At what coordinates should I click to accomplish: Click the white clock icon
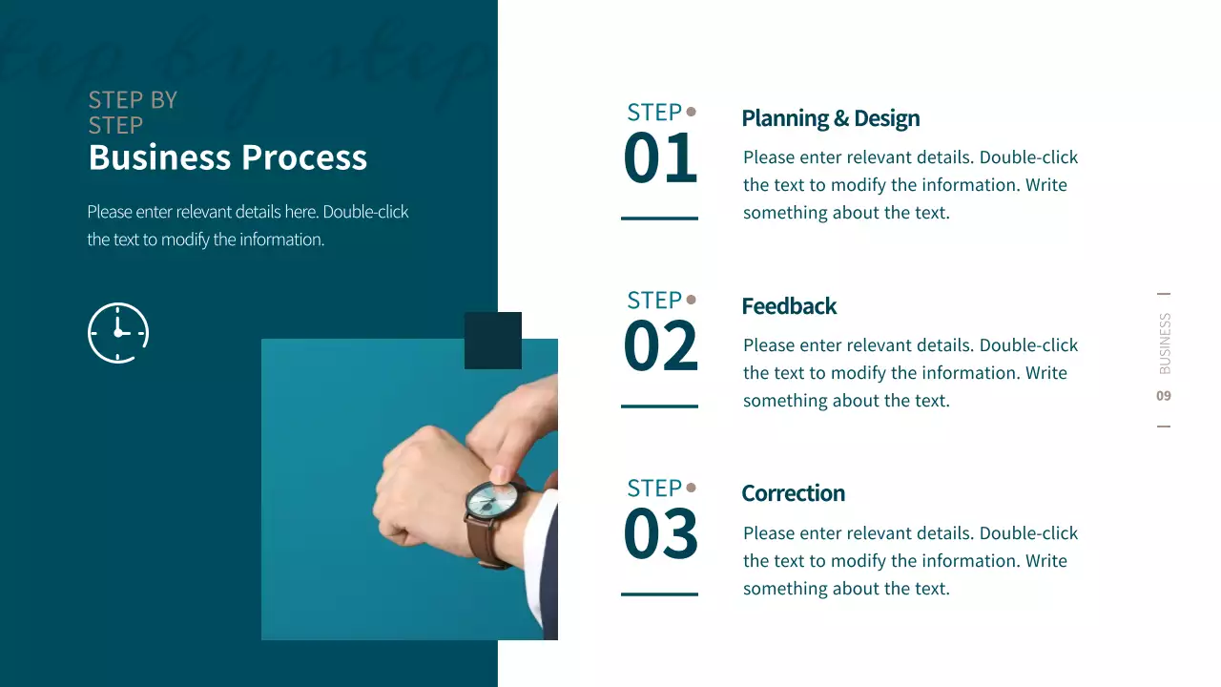click(x=118, y=332)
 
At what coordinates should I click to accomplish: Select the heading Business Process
click(x=227, y=157)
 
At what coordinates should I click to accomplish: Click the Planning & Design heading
click(x=830, y=118)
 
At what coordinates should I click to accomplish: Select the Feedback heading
click(x=789, y=306)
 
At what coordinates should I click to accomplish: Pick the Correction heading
click(x=793, y=493)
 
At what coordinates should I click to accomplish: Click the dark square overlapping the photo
click(x=492, y=340)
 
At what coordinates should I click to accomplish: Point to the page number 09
click(x=1164, y=396)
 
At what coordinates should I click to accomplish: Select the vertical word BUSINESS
click(x=1165, y=343)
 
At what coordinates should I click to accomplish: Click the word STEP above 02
click(x=653, y=301)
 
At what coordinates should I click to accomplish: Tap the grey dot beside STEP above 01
click(x=692, y=112)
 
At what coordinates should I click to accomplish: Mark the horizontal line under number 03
click(x=659, y=593)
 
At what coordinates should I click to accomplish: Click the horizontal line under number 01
click(x=659, y=219)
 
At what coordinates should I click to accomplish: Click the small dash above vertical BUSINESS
click(x=1164, y=294)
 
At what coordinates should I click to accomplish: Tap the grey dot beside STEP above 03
click(x=692, y=488)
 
